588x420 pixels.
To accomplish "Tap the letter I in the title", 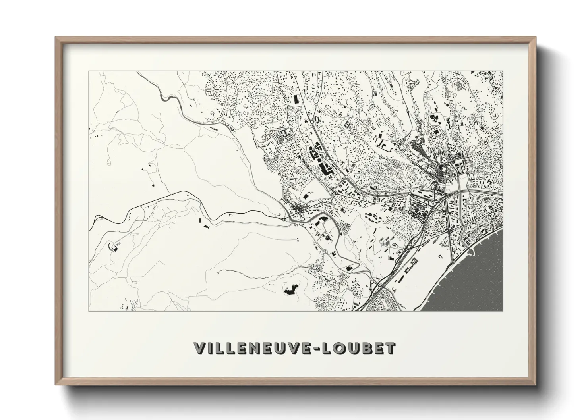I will point(210,348).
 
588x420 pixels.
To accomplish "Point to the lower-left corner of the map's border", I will point(89,311).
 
